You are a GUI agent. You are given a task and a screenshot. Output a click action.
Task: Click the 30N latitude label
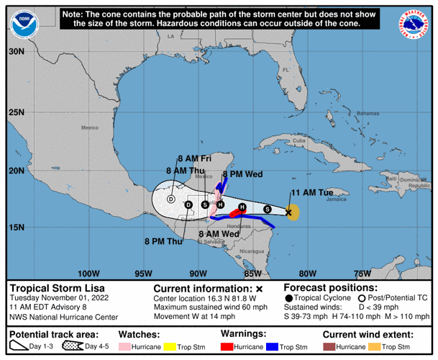pos(17,52)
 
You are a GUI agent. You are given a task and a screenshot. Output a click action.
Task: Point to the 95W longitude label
pos(143,273)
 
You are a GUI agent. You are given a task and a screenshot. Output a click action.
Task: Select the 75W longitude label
pos(362,273)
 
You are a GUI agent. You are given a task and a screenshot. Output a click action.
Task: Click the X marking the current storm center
pos(289,212)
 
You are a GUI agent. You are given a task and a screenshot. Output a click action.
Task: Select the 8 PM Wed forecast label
pos(242,174)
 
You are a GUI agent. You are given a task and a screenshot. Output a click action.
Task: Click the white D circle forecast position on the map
pos(171,199)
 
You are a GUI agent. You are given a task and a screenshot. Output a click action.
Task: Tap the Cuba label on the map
pos(299,140)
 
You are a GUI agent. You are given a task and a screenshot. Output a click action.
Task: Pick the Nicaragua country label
pos(252,251)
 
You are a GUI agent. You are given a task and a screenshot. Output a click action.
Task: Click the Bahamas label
pos(368,114)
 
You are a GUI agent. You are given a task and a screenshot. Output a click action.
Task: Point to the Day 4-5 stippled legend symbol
pos(73,347)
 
